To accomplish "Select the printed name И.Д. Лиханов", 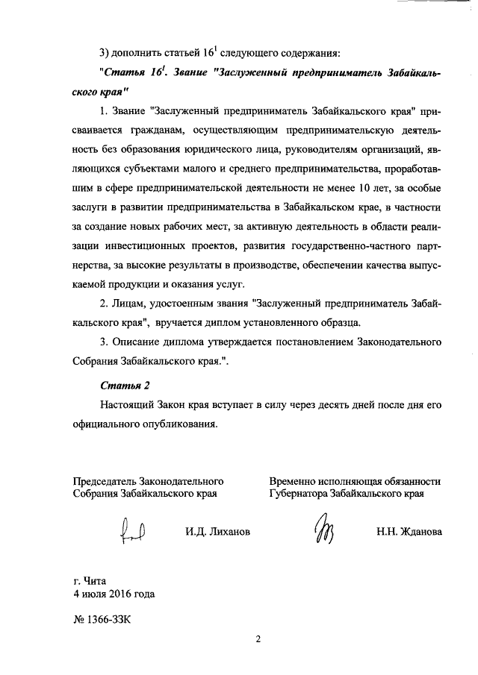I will (x=218, y=532).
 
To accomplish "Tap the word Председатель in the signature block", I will (x=105, y=481).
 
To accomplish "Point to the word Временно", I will (x=295, y=481).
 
